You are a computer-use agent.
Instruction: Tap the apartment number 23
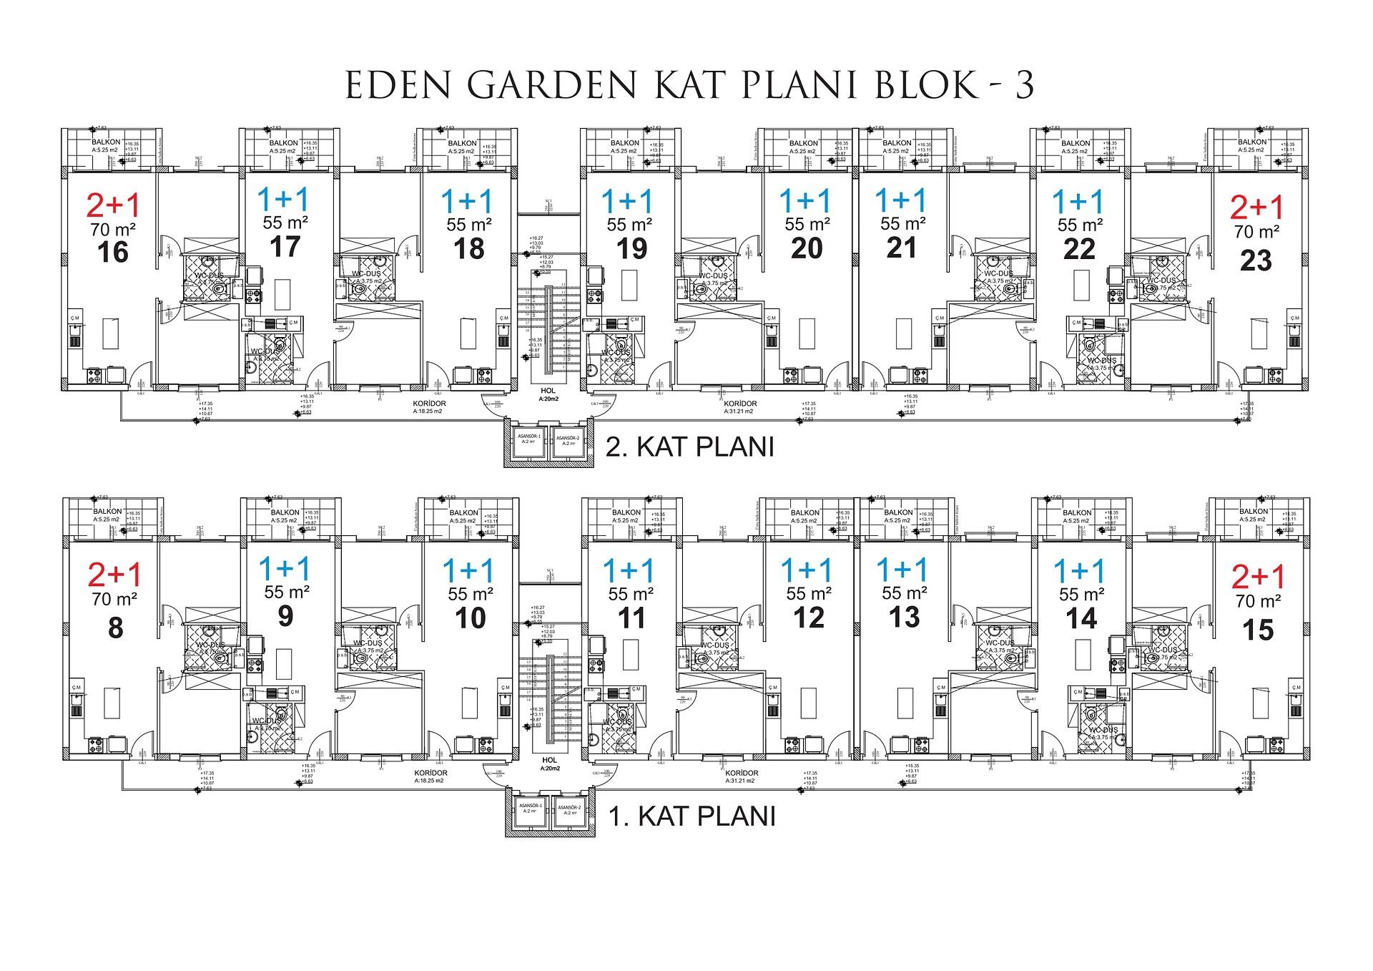(x=1256, y=260)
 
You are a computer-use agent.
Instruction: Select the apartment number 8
(x=114, y=628)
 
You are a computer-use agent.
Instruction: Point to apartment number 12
(x=808, y=618)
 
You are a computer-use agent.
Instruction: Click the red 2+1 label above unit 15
(x=1258, y=577)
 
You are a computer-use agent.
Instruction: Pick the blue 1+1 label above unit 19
(x=628, y=200)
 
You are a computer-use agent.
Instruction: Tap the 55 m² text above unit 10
(x=470, y=594)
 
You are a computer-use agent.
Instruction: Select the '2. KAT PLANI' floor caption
(x=690, y=447)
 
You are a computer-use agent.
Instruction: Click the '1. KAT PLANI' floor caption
(x=692, y=816)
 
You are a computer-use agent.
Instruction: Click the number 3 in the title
(x=1024, y=86)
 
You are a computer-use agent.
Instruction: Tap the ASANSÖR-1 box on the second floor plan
(x=529, y=441)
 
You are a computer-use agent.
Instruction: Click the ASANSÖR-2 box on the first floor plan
(x=569, y=810)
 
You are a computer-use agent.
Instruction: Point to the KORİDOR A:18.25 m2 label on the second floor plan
(x=429, y=407)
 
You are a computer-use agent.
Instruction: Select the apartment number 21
(x=901, y=248)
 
